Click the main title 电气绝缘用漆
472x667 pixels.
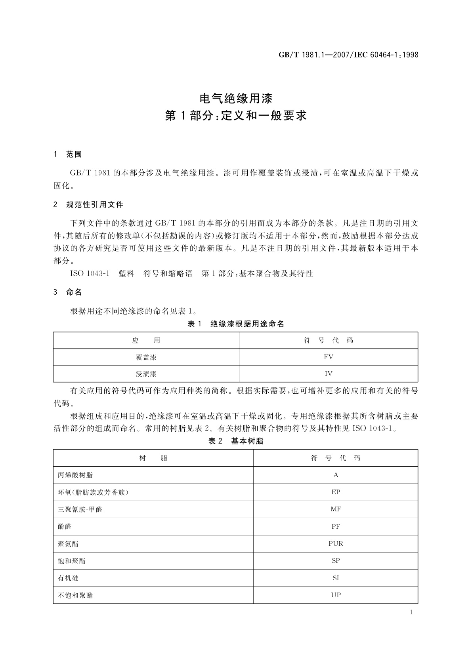coord(236,98)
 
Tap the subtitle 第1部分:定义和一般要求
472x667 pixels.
coord(236,116)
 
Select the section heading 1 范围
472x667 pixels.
coord(68,155)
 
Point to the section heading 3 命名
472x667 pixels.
coord(68,293)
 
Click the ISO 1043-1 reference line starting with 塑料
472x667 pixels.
coord(191,274)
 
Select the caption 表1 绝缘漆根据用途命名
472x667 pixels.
coord(236,324)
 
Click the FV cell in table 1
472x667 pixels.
coord(328,357)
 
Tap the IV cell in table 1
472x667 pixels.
coord(328,374)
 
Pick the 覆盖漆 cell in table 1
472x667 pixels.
coord(146,357)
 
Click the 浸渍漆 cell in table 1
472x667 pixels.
coord(146,374)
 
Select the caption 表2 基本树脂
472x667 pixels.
coord(236,441)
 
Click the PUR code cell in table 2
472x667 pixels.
coord(336,543)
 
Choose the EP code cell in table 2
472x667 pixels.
coord(336,492)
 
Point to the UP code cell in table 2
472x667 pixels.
coord(336,595)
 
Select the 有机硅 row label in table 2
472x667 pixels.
coord(68,578)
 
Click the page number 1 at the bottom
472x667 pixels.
coord(411,612)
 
